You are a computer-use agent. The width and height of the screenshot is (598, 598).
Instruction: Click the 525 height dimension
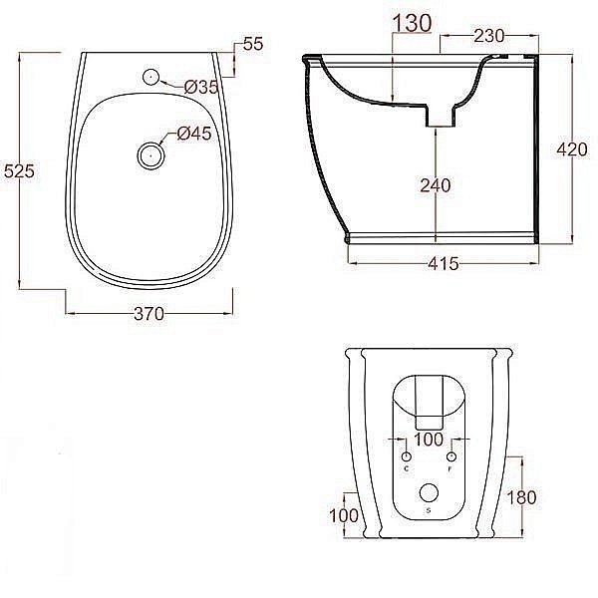(21, 171)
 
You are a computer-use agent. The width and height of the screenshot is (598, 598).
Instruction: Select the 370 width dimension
(148, 314)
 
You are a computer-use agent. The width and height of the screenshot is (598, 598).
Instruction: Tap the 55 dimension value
(251, 44)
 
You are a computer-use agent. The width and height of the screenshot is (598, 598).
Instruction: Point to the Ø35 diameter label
(200, 88)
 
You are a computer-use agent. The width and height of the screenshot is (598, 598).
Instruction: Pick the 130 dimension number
(412, 21)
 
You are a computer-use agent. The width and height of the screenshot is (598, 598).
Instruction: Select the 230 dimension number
(488, 35)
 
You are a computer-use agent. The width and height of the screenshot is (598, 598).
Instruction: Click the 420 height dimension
(571, 149)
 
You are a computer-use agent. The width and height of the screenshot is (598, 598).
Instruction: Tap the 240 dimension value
(437, 184)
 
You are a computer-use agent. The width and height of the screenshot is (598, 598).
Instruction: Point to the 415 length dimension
(443, 264)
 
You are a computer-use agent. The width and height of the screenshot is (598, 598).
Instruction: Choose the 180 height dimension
(521, 496)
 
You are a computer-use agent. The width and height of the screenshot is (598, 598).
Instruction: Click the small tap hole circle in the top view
(150, 76)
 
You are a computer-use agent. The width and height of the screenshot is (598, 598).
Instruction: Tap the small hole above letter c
(406, 454)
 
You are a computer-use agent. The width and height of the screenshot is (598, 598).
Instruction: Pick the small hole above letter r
(450, 454)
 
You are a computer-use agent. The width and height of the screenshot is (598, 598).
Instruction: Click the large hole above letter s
(429, 492)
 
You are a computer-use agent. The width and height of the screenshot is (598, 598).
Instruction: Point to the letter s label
(429, 511)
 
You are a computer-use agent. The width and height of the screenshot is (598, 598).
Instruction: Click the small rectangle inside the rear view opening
(429, 399)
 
